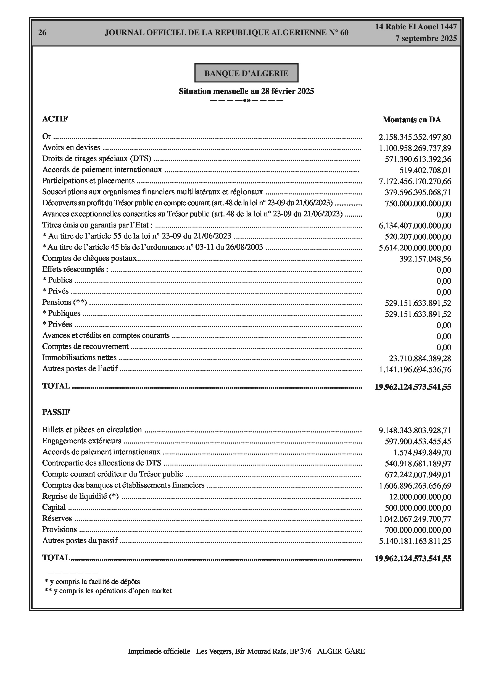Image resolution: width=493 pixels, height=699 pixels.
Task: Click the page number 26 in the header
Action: (x=42, y=33)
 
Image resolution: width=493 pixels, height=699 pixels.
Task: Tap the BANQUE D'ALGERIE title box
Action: (x=246, y=73)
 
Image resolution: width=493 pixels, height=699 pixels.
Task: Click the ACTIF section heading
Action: (x=55, y=119)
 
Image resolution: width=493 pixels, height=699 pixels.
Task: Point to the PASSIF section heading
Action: (x=56, y=412)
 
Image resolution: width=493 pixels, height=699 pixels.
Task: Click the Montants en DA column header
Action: (x=412, y=120)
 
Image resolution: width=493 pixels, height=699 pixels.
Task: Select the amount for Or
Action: (x=415, y=137)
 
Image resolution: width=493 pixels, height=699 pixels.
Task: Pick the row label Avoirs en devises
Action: (x=71, y=148)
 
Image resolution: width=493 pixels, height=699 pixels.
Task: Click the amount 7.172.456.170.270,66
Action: (x=415, y=182)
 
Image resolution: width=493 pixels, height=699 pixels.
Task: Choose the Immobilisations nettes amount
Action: (x=420, y=358)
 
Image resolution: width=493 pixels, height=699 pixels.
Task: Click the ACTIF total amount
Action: (x=413, y=387)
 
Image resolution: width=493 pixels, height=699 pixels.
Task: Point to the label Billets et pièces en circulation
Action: (x=92, y=429)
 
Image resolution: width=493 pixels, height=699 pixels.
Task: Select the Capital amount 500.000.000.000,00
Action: (x=418, y=508)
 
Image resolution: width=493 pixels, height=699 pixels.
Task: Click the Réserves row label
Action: (x=57, y=519)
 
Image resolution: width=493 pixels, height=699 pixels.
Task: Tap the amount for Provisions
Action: (x=418, y=530)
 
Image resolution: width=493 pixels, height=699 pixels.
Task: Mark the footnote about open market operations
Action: (x=108, y=591)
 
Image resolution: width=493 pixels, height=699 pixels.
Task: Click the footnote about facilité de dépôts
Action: (x=93, y=581)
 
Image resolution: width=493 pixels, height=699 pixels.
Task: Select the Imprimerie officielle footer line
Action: (x=246, y=651)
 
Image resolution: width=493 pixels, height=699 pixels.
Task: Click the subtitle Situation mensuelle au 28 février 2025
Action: (x=246, y=91)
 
